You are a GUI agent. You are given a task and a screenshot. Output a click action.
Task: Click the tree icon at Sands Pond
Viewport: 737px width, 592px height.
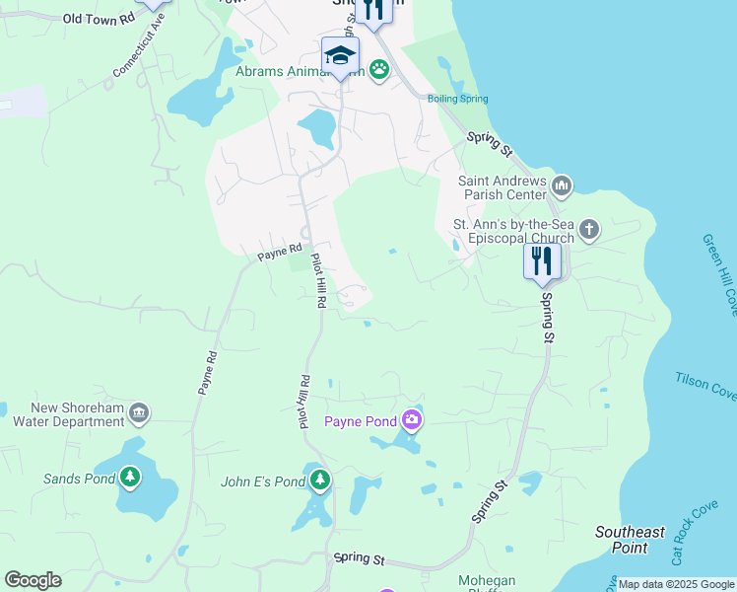(130, 479)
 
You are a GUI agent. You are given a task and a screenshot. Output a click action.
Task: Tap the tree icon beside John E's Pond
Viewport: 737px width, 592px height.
(319, 481)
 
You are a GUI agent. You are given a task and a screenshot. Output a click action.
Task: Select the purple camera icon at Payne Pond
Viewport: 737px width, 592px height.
(412, 421)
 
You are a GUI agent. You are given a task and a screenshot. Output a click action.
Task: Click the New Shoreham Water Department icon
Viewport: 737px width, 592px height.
(139, 410)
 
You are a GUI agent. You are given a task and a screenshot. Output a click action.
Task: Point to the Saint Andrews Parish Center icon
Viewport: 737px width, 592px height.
(563, 185)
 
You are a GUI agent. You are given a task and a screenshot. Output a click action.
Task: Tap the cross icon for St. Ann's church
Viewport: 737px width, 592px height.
(588, 231)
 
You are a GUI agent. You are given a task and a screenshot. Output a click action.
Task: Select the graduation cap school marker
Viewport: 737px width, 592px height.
(340, 55)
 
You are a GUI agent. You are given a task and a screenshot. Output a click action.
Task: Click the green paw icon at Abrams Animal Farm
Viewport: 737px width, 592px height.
(379, 70)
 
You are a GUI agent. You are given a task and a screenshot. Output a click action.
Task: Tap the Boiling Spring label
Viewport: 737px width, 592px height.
(457, 99)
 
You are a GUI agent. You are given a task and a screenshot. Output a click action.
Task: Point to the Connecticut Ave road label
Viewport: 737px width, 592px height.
(138, 45)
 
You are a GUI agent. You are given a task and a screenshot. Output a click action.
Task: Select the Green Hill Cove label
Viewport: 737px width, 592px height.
(718, 274)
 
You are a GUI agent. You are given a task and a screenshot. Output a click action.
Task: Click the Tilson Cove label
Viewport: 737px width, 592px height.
(705, 386)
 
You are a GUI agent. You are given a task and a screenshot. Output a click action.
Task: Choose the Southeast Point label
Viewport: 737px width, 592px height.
(630, 539)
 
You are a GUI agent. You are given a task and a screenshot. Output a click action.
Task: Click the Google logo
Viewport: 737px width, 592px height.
(33, 580)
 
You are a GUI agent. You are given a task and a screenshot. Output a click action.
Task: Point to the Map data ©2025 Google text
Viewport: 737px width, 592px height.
(675, 584)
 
